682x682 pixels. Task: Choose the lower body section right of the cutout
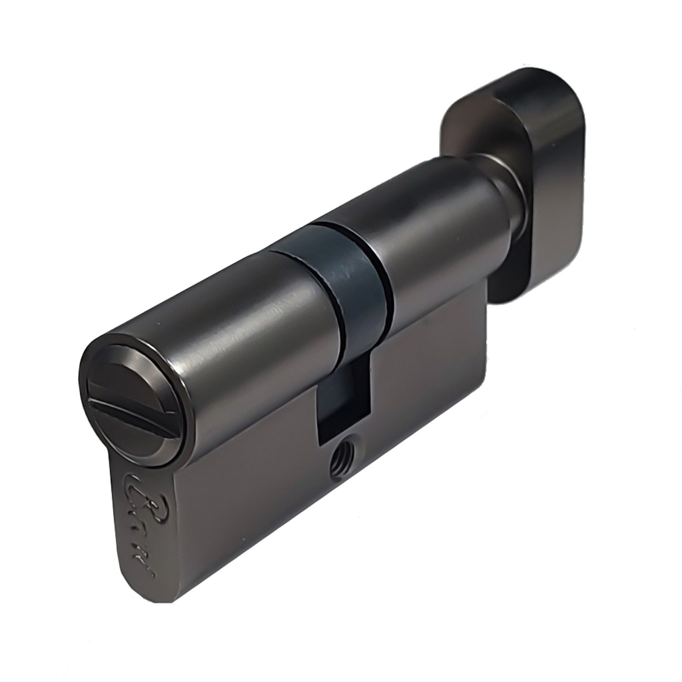point(426,373)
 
